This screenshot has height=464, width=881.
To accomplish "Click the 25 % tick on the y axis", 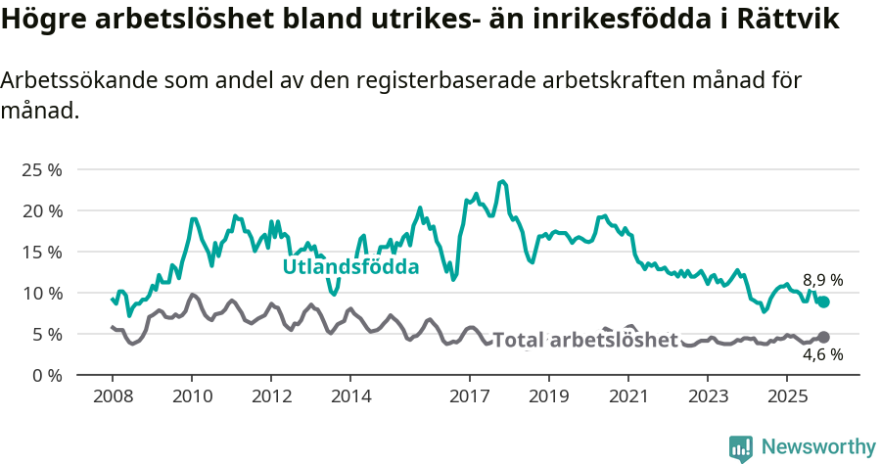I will pyautogui.click(x=41, y=169).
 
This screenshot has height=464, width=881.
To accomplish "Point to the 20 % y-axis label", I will pyautogui.click(x=41, y=210).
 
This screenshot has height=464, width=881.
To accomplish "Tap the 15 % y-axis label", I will pyautogui.click(x=41, y=252).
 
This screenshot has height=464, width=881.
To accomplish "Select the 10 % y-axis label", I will pyautogui.click(x=41, y=293).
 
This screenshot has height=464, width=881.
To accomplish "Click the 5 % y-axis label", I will pyautogui.click(x=46, y=334).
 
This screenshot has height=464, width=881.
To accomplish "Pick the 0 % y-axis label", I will pyautogui.click(x=46, y=375).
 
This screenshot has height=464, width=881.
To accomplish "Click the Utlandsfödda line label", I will pyautogui.click(x=350, y=267).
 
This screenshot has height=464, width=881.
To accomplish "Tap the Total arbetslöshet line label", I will pyautogui.click(x=584, y=340).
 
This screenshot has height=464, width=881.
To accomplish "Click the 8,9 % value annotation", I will pyautogui.click(x=822, y=280).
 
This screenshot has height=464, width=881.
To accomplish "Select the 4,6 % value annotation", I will pyautogui.click(x=822, y=354).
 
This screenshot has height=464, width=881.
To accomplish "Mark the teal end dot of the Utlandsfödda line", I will pyautogui.click(x=823, y=302).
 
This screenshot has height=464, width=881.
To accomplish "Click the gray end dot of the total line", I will pyautogui.click(x=823, y=338).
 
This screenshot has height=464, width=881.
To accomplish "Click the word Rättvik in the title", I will pyautogui.click(x=786, y=21).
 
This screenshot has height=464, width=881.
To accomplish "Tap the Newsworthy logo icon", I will pyautogui.click(x=741, y=447).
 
